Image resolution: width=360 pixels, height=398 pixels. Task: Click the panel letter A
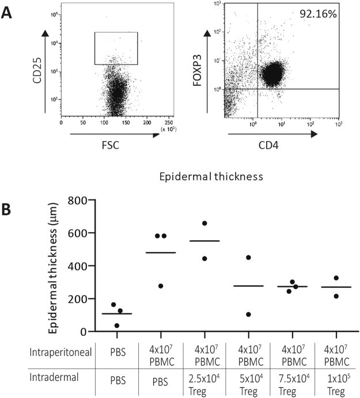(7, 12)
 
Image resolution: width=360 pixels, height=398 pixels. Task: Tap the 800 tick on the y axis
(76, 200)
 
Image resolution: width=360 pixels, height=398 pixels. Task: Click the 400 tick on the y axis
(76, 266)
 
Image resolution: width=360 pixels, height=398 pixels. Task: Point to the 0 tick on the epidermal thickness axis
(82, 332)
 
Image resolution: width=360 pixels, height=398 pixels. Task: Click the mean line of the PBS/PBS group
(116, 314)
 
